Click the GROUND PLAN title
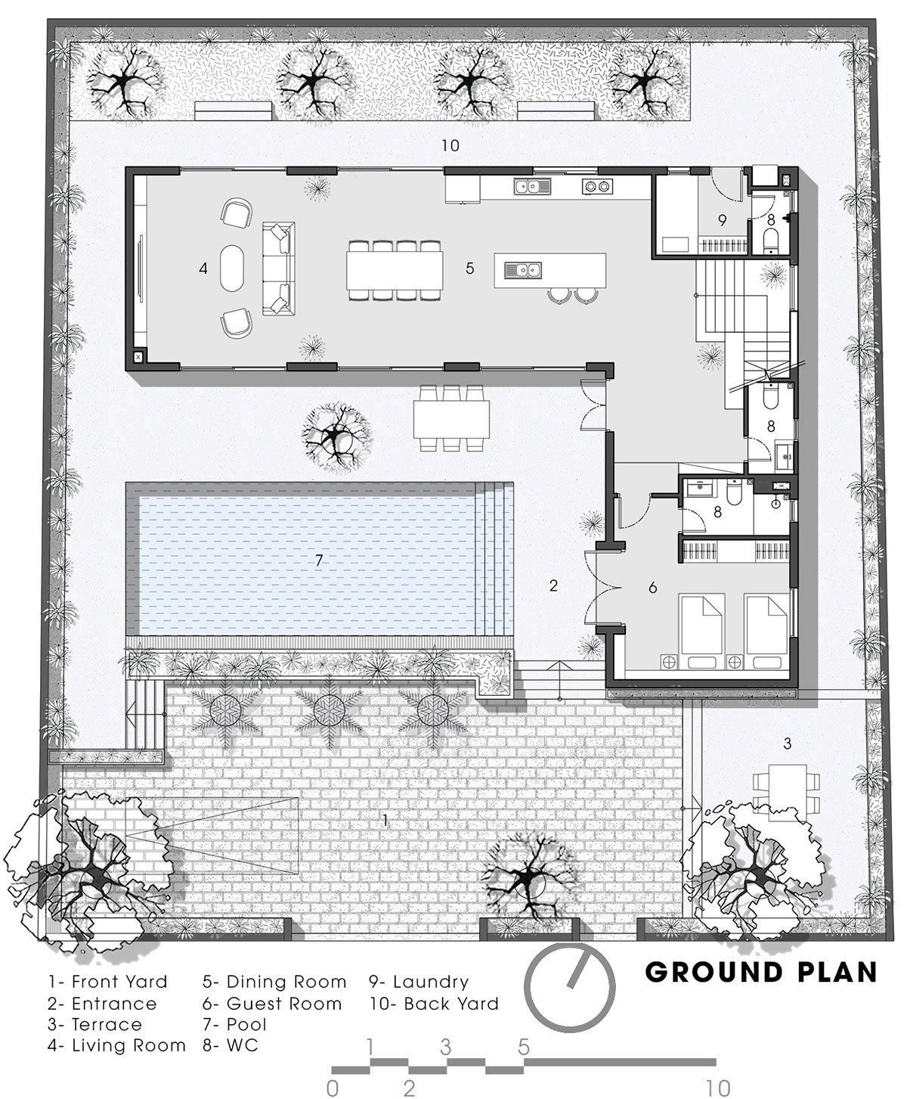pyautogui.click(x=760, y=971)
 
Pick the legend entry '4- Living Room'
pyautogui.click(x=116, y=1045)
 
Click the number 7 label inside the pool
pyautogui.click(x=319, y=560)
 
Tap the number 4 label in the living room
pyautogui.click(x=203, y=268)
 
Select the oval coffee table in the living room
pyautogui.click(x=233, y=268)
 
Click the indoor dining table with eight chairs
pyautogui.click(x=395, y=268)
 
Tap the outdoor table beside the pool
pyautogui.click(x=450, y=418)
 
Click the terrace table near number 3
pyautogui.click(x=786, y=790)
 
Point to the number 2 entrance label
pyautogui.click(x=553, y=585)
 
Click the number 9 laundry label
pyautogui.click(x=722, y=220)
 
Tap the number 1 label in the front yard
pyautogui.click(x=385, y=820)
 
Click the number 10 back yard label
pyautogui.click(x=450, y=145)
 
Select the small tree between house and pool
pyautogui.click(x=334, y=433)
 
